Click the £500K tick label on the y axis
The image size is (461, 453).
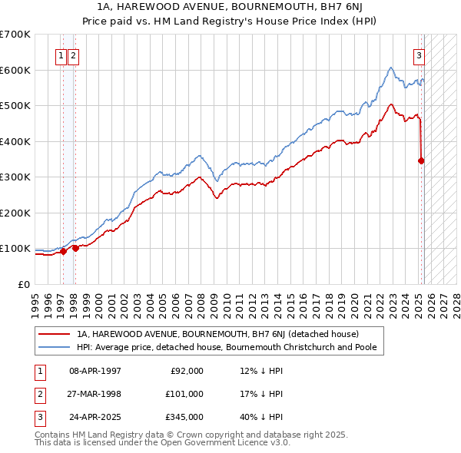point(15,106)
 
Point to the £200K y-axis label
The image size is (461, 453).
point(15,213)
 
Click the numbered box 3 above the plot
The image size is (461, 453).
point(420,55)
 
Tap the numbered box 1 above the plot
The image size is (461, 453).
point(60,55)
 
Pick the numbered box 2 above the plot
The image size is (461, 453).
point(72,55)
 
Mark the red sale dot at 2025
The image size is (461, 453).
point(421,160)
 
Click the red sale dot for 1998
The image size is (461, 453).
point(75,248)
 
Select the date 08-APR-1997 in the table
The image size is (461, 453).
point(95,371)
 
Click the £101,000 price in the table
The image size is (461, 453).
point(185,394)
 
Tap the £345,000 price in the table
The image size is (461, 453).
point(185,417)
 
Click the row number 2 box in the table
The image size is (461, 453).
point(38,394)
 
